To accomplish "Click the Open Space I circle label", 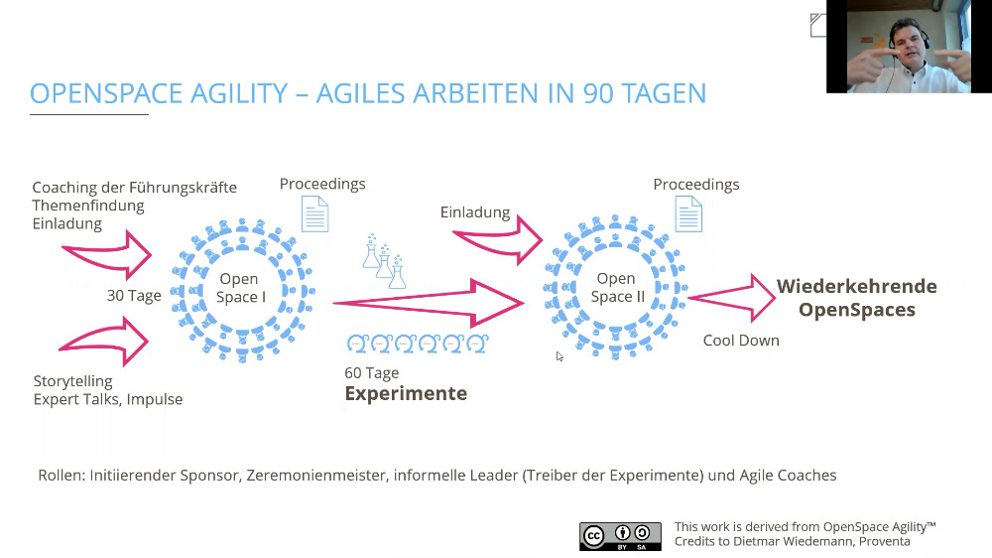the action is pyautogui.click(x=241, y=288).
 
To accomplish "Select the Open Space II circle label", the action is pyautogui.click(x=617, y=288).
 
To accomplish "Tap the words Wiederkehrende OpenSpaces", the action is pyautogui.click(x=857, y=298).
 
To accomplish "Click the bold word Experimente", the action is pyautogui.click(x=406, y=393).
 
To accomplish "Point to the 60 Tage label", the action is pyautogui.click(x=371, y=373).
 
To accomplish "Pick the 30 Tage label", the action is pyautogui.click(x=134, y=295).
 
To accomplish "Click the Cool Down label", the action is pyautogui.click(x=741, y=341).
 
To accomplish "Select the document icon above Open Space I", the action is pyautogui.click(x=315, y=214).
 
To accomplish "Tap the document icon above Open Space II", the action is pyautogui.click(x=688, y=214).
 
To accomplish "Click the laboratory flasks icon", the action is pyautogui.click(x=384, y=261).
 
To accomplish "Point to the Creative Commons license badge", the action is pyautogui.click(x=620, y=536).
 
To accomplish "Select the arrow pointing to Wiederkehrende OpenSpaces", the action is pyautogui.click(x=732, y=297).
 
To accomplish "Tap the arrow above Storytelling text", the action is pyautogui.click(x=104, y=342).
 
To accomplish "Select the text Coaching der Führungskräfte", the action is pyautogui.click(x=134, y=188).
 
